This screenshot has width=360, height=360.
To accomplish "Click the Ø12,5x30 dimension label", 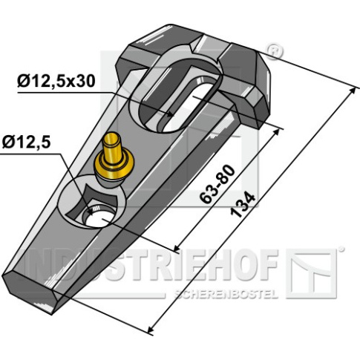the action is [x=56, y=81].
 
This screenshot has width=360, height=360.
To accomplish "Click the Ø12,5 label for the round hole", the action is [x=27, y=143].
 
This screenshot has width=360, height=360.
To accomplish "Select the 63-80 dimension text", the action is [x=217, y=184].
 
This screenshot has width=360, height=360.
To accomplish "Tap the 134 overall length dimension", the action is [x=243, y=205].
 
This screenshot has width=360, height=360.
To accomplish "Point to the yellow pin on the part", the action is [x=114, y=157].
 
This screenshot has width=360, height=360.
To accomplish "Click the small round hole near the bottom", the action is [x=99, y=215].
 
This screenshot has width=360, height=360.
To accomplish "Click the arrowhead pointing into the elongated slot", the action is [x=170, y=114].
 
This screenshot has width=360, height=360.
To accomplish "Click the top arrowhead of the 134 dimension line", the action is [x=352, y=92].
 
